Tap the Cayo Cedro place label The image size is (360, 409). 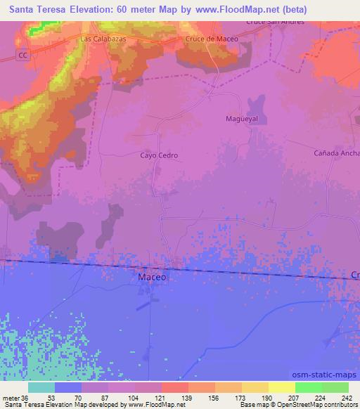tap(159, 155)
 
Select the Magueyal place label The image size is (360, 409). tap(241, 119)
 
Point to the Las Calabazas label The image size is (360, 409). tap(103, 39)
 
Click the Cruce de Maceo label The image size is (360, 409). tap(212, 39)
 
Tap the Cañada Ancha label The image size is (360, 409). tap(337, 152)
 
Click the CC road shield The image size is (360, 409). tap(23, 53)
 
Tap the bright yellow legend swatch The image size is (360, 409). tap(282, 387)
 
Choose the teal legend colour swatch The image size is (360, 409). tap(41, 387)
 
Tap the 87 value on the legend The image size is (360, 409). tap(108, 397)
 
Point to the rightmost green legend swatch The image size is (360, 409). tap(335, 387)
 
